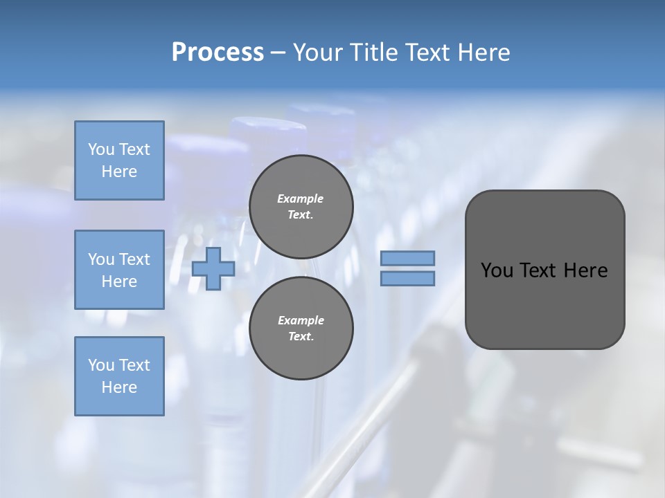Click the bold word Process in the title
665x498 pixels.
[x=218, y=53]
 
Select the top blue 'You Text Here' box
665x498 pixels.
[x=119, y=160]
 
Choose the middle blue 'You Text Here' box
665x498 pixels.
[x=119, y=270]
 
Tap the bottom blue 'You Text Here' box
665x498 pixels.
[x=119, y=376]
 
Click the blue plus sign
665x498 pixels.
[x=213, y=268]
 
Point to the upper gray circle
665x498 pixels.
[x=301, y=206]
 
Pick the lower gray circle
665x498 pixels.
[x=301, y=328]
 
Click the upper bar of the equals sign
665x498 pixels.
[x=407, y=259]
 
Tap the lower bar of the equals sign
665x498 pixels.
[x=407, y=279]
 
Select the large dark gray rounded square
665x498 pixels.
[x=544, y=304]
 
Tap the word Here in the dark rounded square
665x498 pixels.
[x=585, y=270]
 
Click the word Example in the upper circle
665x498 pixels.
[x=301, y=199]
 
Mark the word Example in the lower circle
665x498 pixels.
[x=301, y=320]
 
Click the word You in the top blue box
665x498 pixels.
[x=100, y=149]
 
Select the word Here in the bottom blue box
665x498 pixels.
[x=119, y=387]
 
